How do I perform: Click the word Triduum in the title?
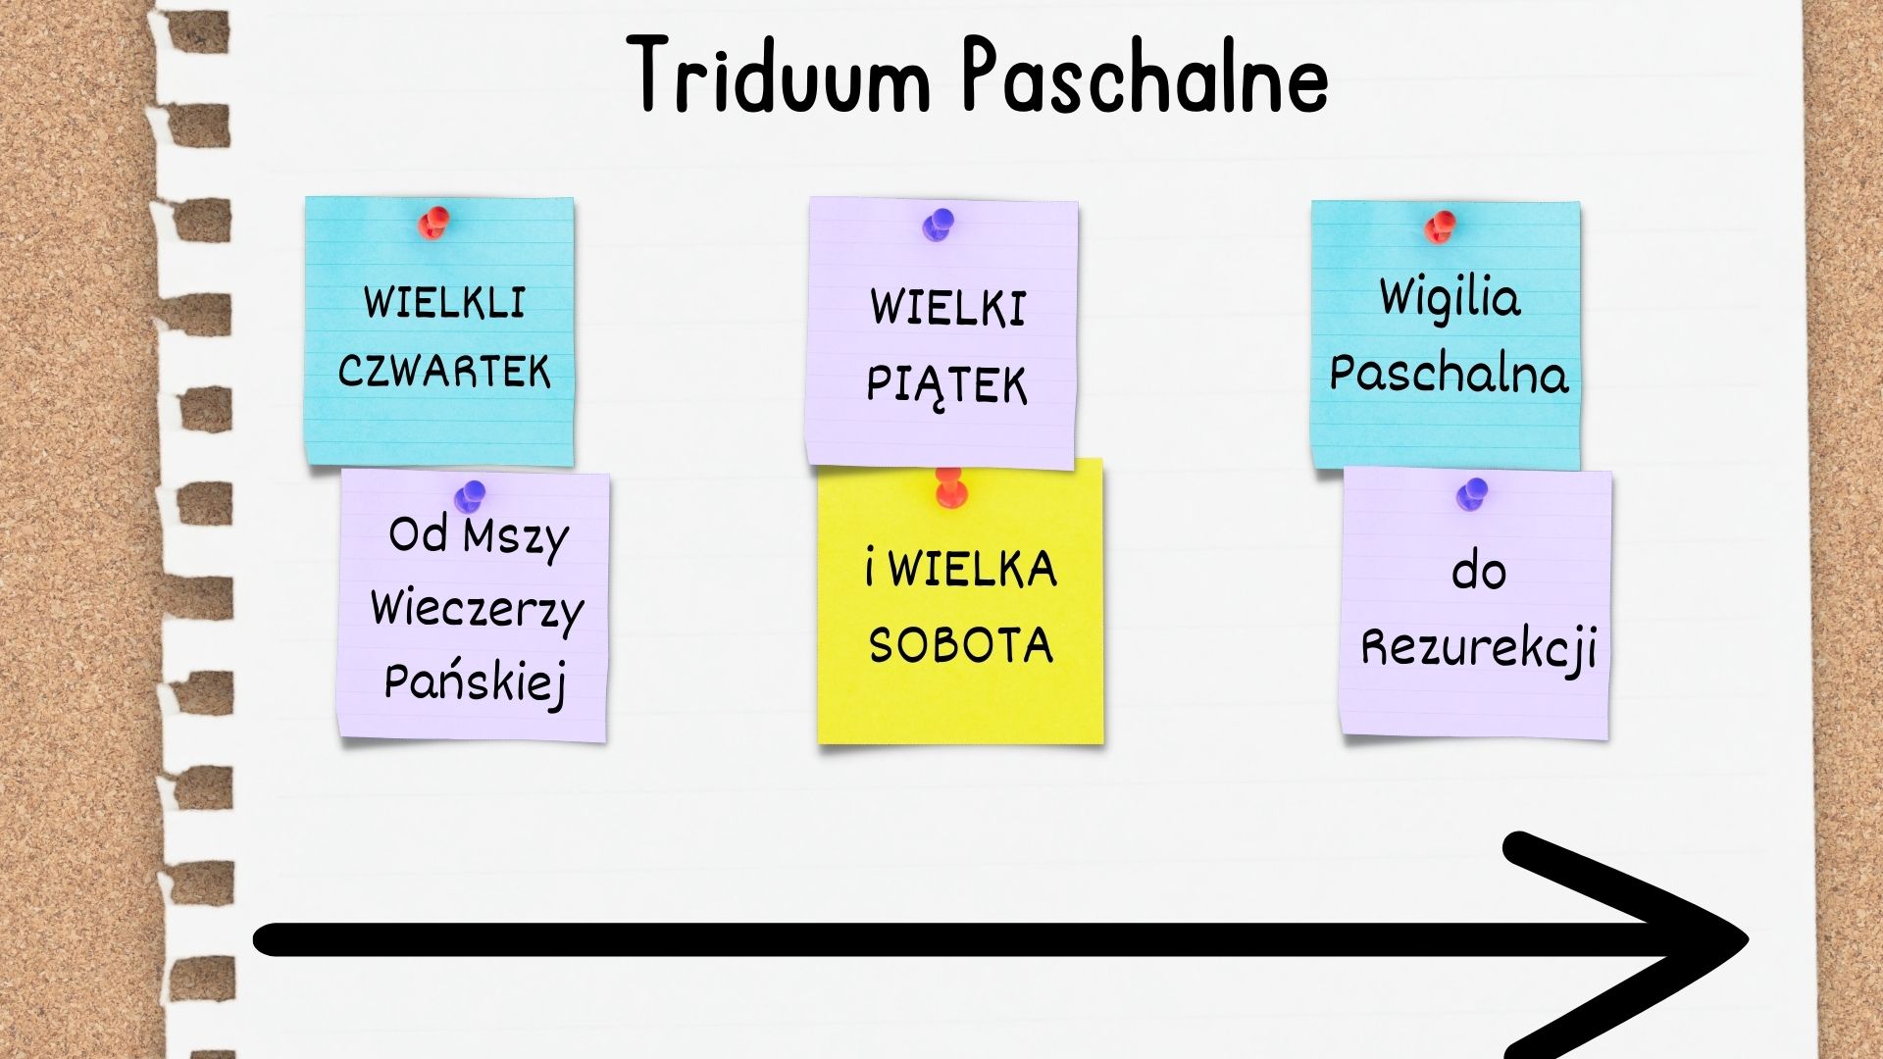[x=779, y=75]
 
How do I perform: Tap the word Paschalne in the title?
[x=1145, y=75]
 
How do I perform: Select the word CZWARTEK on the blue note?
[x=444, y=372]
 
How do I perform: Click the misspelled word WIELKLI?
[x=444, y=302]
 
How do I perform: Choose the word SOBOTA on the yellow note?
[x=961, y=645]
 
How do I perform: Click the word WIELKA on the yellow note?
[x=973, y=570]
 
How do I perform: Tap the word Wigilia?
[x=1450, y=300]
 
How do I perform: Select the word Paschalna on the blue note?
[x=1449, y=374]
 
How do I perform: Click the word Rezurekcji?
[x=1479, y=649]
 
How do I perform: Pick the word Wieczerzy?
[x=478, y=611]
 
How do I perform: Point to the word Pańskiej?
[x=476, y=682]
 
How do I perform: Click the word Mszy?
[x=516, y=537]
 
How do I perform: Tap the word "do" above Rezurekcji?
[x=1478, y=571]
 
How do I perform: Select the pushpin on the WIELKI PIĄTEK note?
[x=938, y=226]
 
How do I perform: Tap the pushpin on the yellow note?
[x=949, y=487]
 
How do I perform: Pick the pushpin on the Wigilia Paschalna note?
[x=1440, y=227]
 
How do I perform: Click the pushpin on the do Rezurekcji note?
[x=1471, y=495]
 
